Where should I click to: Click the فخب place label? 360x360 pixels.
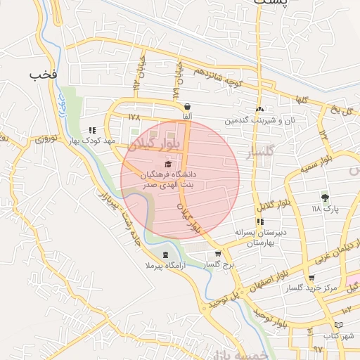44,73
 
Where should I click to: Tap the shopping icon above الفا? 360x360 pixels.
187,106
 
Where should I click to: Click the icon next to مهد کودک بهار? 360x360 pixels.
92,130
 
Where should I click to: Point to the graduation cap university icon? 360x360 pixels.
167,163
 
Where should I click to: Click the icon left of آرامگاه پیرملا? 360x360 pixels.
165,255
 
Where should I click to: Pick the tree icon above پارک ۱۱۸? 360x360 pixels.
325,198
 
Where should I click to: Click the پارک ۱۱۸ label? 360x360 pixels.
325,209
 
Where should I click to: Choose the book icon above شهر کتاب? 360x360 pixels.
340,325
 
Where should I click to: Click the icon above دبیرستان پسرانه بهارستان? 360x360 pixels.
261,221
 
